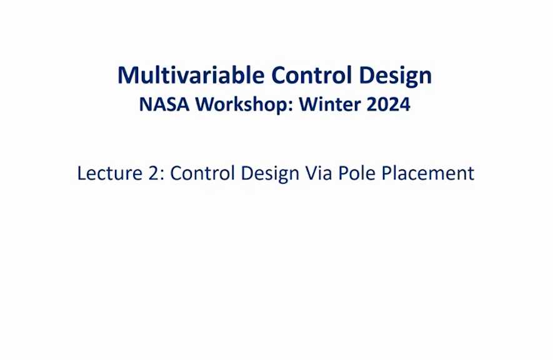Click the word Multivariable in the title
click(191, 75)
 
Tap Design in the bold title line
click(395, 76)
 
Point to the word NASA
click(164, 104)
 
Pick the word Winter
click(330, 104)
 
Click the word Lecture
click(110, 173)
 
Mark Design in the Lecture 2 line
click(270, 174)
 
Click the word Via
click(319, 173)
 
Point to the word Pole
click(357, 173)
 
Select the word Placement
click(428, 173)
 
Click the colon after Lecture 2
click(162, 175)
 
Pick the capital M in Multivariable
click(127, 76)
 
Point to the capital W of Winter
click(309, 104)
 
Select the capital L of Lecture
click(82, 173)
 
